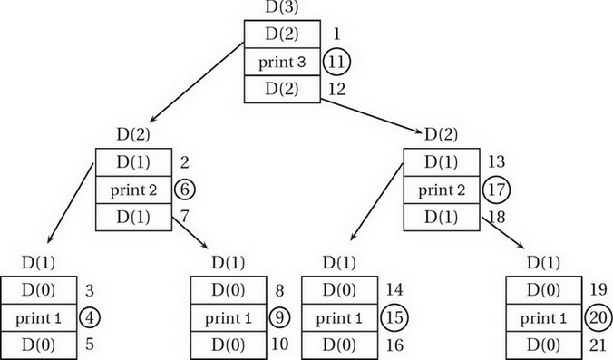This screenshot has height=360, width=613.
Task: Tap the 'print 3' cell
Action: [x=283, y=62]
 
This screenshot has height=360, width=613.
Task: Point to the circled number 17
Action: [x=497, y=190]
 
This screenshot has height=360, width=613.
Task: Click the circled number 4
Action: [x=91, y=318]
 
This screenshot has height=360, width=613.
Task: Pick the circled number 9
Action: [x=281, y=318]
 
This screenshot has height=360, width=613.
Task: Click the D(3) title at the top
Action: [x=283, y=7]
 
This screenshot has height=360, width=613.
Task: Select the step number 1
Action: [x=336, y=34]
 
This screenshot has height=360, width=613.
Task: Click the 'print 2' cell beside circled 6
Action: [x=135, y=190]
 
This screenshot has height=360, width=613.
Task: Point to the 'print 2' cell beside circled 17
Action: [x=441, y=190]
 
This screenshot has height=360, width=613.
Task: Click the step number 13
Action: [x=497, y=163]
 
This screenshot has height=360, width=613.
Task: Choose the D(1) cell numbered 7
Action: [x=135, y=218]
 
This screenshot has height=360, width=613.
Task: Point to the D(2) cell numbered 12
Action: [x=283, y=89]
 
